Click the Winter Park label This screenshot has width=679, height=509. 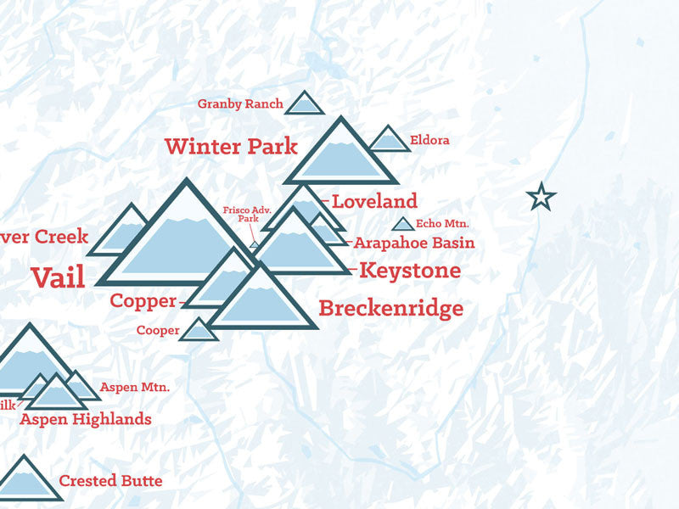[231, 146]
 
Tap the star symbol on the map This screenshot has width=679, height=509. [541, 198]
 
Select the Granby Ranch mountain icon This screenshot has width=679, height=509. [304, 105]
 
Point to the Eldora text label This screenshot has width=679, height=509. [429, 140]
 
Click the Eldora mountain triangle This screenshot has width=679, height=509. [390, 141]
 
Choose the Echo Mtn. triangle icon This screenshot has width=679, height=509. [405, 225]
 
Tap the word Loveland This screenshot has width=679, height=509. [374, 202]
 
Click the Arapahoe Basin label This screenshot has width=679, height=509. [413, 243]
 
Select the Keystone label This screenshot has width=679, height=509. [410, 271]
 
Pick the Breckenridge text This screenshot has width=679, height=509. [390, 308]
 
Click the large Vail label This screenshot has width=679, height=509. [58, 277]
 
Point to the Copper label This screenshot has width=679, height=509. [143, 301]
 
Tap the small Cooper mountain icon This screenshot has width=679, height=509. [199, 331]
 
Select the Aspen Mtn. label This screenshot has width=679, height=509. [135, 388]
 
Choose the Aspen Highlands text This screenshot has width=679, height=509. [86, 419]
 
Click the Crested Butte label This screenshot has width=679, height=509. [110, 481]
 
